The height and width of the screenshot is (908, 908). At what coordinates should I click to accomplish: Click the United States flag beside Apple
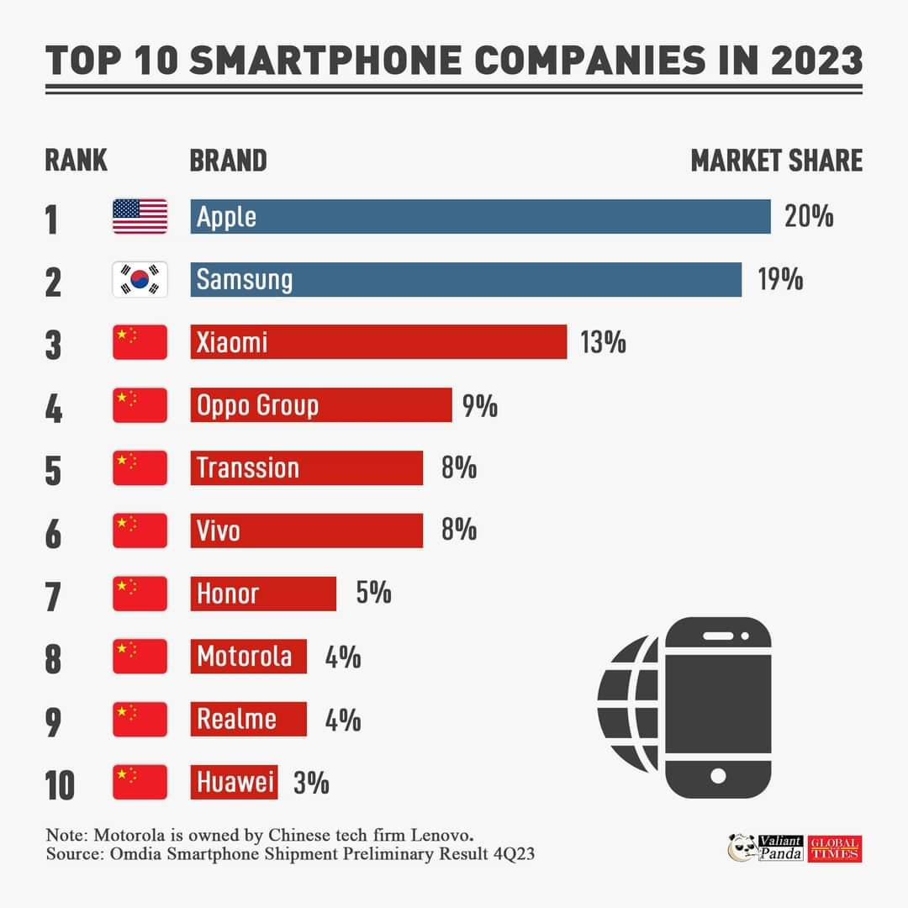coord(140,217)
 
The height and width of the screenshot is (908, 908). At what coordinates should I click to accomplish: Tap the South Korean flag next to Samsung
coord(140,280)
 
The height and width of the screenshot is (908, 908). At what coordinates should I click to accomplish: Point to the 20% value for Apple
coord(809,217)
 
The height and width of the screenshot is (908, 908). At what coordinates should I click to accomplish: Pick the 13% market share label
coord(602,342)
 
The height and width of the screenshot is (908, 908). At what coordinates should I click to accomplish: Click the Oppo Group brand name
coord(257,405)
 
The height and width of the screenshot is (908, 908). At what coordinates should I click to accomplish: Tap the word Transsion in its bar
coord(247,467)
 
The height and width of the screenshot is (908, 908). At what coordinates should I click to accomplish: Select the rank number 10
coord(59,784)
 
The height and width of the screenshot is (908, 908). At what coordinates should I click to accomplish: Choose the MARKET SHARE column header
coord(776,160)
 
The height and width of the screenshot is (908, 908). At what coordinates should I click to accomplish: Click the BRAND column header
coord(228,160)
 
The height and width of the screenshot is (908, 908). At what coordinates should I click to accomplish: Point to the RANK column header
coord(76,160)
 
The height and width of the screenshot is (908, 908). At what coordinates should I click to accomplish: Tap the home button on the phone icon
coord(717,775)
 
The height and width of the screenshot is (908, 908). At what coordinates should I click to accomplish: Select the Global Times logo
coord(836,848)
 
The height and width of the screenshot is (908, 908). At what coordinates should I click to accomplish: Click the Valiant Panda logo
coord(765,847)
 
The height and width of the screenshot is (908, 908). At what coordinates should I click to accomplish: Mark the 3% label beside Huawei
coord(311,784)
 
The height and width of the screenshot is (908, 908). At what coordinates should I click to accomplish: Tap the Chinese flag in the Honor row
coord(140,594)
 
